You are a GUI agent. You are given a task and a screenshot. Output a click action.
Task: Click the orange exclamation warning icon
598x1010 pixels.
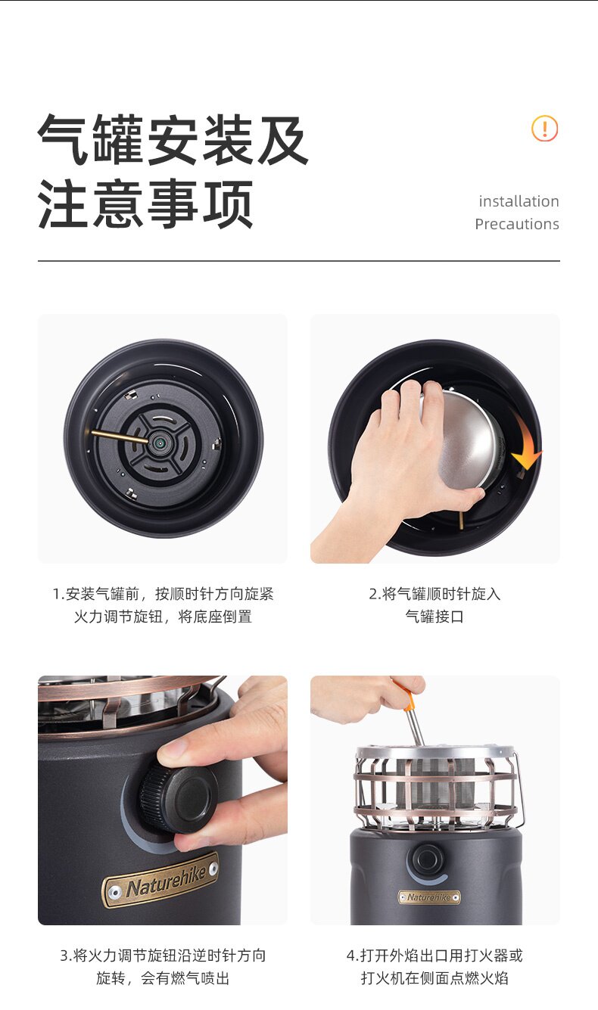(x=545, y=129)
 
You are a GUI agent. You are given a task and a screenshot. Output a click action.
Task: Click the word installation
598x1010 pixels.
(x=519, y=201)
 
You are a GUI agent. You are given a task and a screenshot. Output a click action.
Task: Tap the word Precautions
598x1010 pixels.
(x=517, y=224)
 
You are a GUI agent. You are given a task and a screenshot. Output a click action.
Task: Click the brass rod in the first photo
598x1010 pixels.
(x=120, y=436)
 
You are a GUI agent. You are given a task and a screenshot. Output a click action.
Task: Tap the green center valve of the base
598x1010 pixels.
(x=158, y=443)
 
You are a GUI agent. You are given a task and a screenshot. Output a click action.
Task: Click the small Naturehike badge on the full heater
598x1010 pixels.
(x=429, y=897)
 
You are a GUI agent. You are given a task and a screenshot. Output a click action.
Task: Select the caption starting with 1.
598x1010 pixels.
(x=163, y=605)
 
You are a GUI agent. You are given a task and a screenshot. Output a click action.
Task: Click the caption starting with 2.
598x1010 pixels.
(x=434, y=605)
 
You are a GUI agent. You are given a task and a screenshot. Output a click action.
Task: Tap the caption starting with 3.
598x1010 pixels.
(x=163, y=967)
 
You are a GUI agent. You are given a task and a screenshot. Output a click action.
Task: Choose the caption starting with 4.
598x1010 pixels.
(x=434, y=967)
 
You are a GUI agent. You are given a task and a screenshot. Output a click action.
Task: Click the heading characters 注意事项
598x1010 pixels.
(x=145, y=204)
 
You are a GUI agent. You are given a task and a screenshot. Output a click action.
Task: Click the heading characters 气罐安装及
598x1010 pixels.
(x=173, y=139)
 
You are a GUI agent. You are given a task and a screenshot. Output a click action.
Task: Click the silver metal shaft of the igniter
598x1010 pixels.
(x=415, y=729)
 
